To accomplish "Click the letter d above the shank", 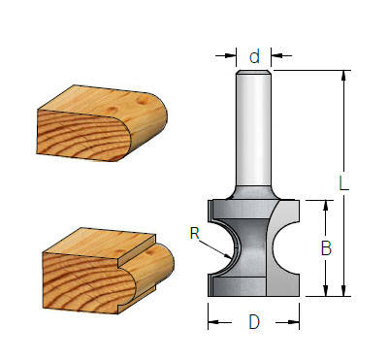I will click(x=254, y=57).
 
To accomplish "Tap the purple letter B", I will click(x=326, y=248).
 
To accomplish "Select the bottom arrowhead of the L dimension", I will click(x=342, y=291).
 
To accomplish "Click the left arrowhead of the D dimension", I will click(x=212, y=315).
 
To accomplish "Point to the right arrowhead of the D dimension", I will click(x=296, y=315).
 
